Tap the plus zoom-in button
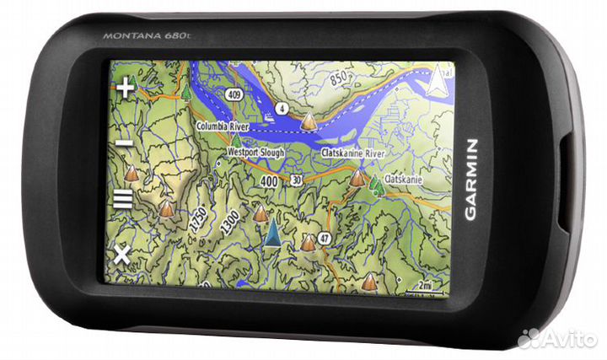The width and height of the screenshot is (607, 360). (x=126, y=88)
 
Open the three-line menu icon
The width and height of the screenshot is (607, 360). (x=123, y=200)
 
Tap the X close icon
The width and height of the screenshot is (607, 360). (x=122, y=253)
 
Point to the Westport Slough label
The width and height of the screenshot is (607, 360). (x=255, y=153)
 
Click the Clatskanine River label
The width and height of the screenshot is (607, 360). (x=353, y=154)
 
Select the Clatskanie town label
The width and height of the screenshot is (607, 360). (x=403, y=180)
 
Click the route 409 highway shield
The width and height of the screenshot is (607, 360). (x=234, y=95)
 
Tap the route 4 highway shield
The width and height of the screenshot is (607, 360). (x=282, y=108)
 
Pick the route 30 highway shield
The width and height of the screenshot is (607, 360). (x=295, y=180)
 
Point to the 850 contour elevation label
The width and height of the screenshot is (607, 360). (x=339, y=78)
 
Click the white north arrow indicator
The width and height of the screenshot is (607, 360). (x=438, y=82)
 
